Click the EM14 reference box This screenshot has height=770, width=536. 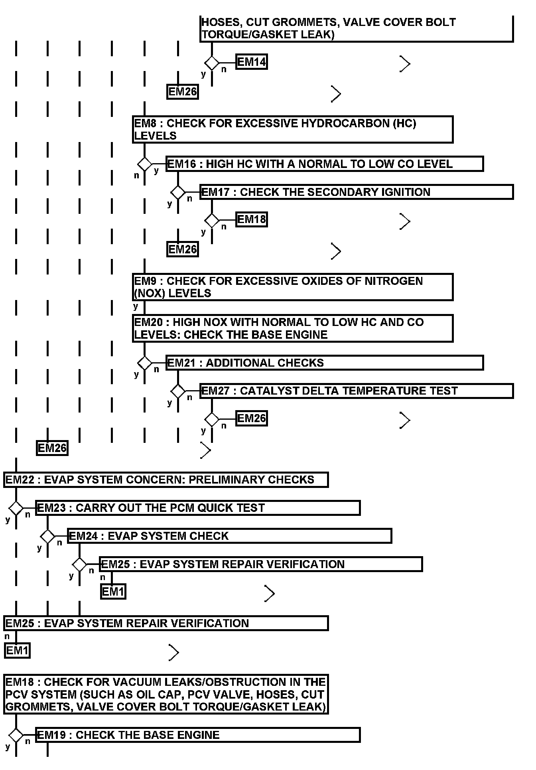pyautogui.click(x=251, y=62)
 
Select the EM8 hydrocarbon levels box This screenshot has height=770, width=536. pyautogui.click(x=293, y=129)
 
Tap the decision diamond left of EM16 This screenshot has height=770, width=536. pyautogui.click(x=145, y=164)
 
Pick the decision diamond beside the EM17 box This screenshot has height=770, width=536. pyautogui.click(x=178, y=192)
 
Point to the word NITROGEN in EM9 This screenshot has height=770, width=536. pyautogui.click(x=394, y=281)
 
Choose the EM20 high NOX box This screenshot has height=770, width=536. pyautogui.click(x=293, y=328)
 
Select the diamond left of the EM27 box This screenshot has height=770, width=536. pyautogui.click(x=178, y=391)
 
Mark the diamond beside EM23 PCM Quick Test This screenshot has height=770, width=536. pyautogui.click(x=16, y=508)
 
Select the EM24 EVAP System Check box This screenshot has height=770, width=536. pyautogui.click(x=230, y=536)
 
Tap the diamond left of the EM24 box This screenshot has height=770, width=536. pyautogui.click(x=48, y=536)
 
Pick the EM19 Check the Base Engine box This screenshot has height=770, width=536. pyautogui.click(x=198, y=735)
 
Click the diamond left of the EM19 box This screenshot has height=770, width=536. pyautogui.click(x=16, y=735)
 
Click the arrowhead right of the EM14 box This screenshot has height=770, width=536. pyautogui.click(x=405, y=63)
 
